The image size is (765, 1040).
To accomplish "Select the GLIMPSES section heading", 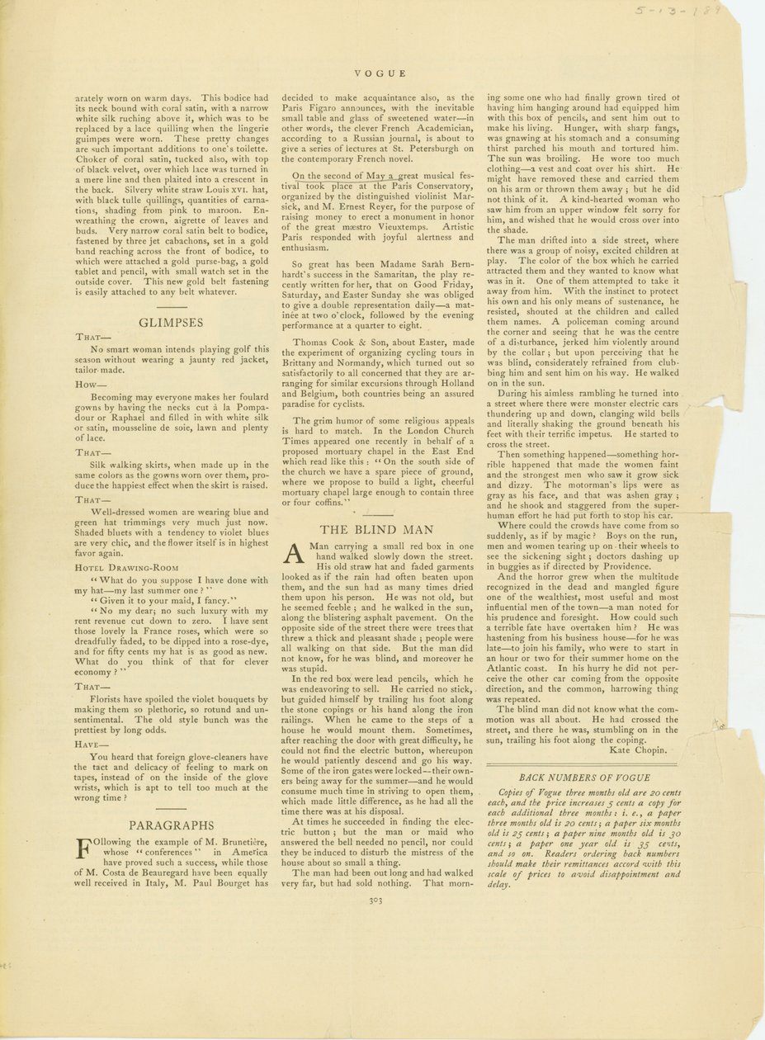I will pyautogui.click(x=172, y=323).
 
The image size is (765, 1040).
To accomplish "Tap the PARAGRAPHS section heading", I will pyautogui.click(x=172, y=825).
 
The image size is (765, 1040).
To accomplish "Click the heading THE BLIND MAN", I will pyautogui.click(x=376, y=530).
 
